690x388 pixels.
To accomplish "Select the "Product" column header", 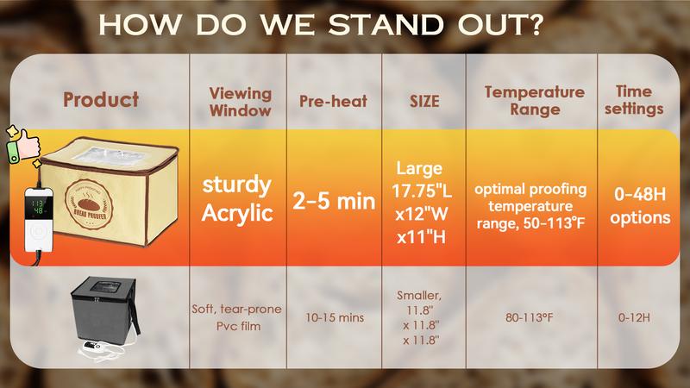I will coord(100,100).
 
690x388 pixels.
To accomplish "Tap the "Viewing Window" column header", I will coord(240,101).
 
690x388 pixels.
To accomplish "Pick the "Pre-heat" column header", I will coord(333,101).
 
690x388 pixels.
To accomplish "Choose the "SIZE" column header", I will coord(423,101).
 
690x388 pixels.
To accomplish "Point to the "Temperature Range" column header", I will coord(523,101).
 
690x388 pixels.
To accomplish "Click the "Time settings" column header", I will coord(640,100).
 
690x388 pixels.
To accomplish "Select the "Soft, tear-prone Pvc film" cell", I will coord(239,317).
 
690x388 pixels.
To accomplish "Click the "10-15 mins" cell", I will coord(334,317).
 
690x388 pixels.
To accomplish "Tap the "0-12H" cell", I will coord(634,317).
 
